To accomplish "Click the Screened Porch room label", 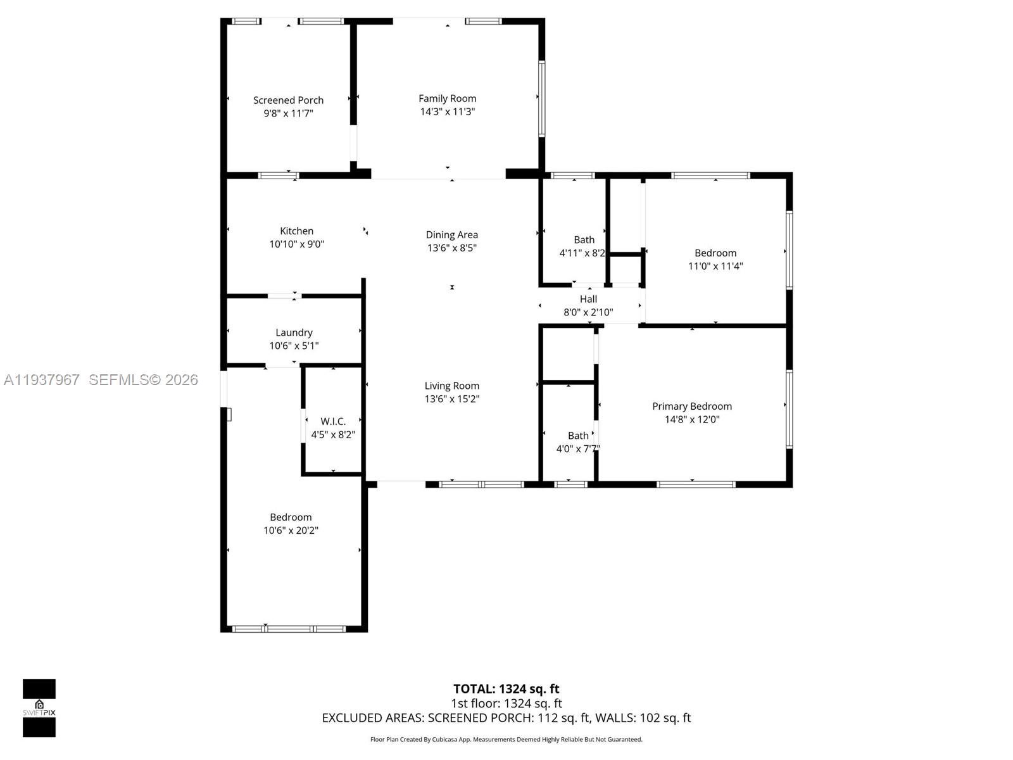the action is [x=288, y=100].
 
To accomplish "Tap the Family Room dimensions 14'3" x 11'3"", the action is [x=447, y=111].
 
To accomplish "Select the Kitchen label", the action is [x=296, y=231].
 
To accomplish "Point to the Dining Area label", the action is [x=451, y=235].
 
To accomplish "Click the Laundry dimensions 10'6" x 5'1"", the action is [x=294, y=346].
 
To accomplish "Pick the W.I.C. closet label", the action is [x=333, y=421].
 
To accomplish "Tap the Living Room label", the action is [x=452, y=386].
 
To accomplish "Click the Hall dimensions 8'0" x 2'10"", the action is [x=588, y=312].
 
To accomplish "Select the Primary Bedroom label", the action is [x=692, y=407].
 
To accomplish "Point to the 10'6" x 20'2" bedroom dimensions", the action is [x=291, y=531].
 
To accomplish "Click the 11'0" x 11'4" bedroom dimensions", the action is [x=715, y=266].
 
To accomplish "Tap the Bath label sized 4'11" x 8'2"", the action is [x=584, y=240].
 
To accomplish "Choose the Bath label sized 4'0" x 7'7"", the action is [x=578, y=436].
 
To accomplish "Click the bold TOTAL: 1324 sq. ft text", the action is [x=506, y=689].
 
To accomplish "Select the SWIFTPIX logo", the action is [x=39, y=707].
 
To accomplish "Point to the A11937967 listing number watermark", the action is [x=42, y=380].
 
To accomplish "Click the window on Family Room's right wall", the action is [x=542, y=98].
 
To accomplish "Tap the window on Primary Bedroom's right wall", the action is [x=789, y=409].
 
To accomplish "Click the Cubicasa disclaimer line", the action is [x=506, y=739].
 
